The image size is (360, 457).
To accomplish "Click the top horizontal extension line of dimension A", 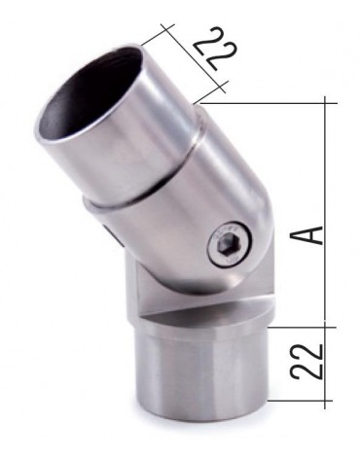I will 272,101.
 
